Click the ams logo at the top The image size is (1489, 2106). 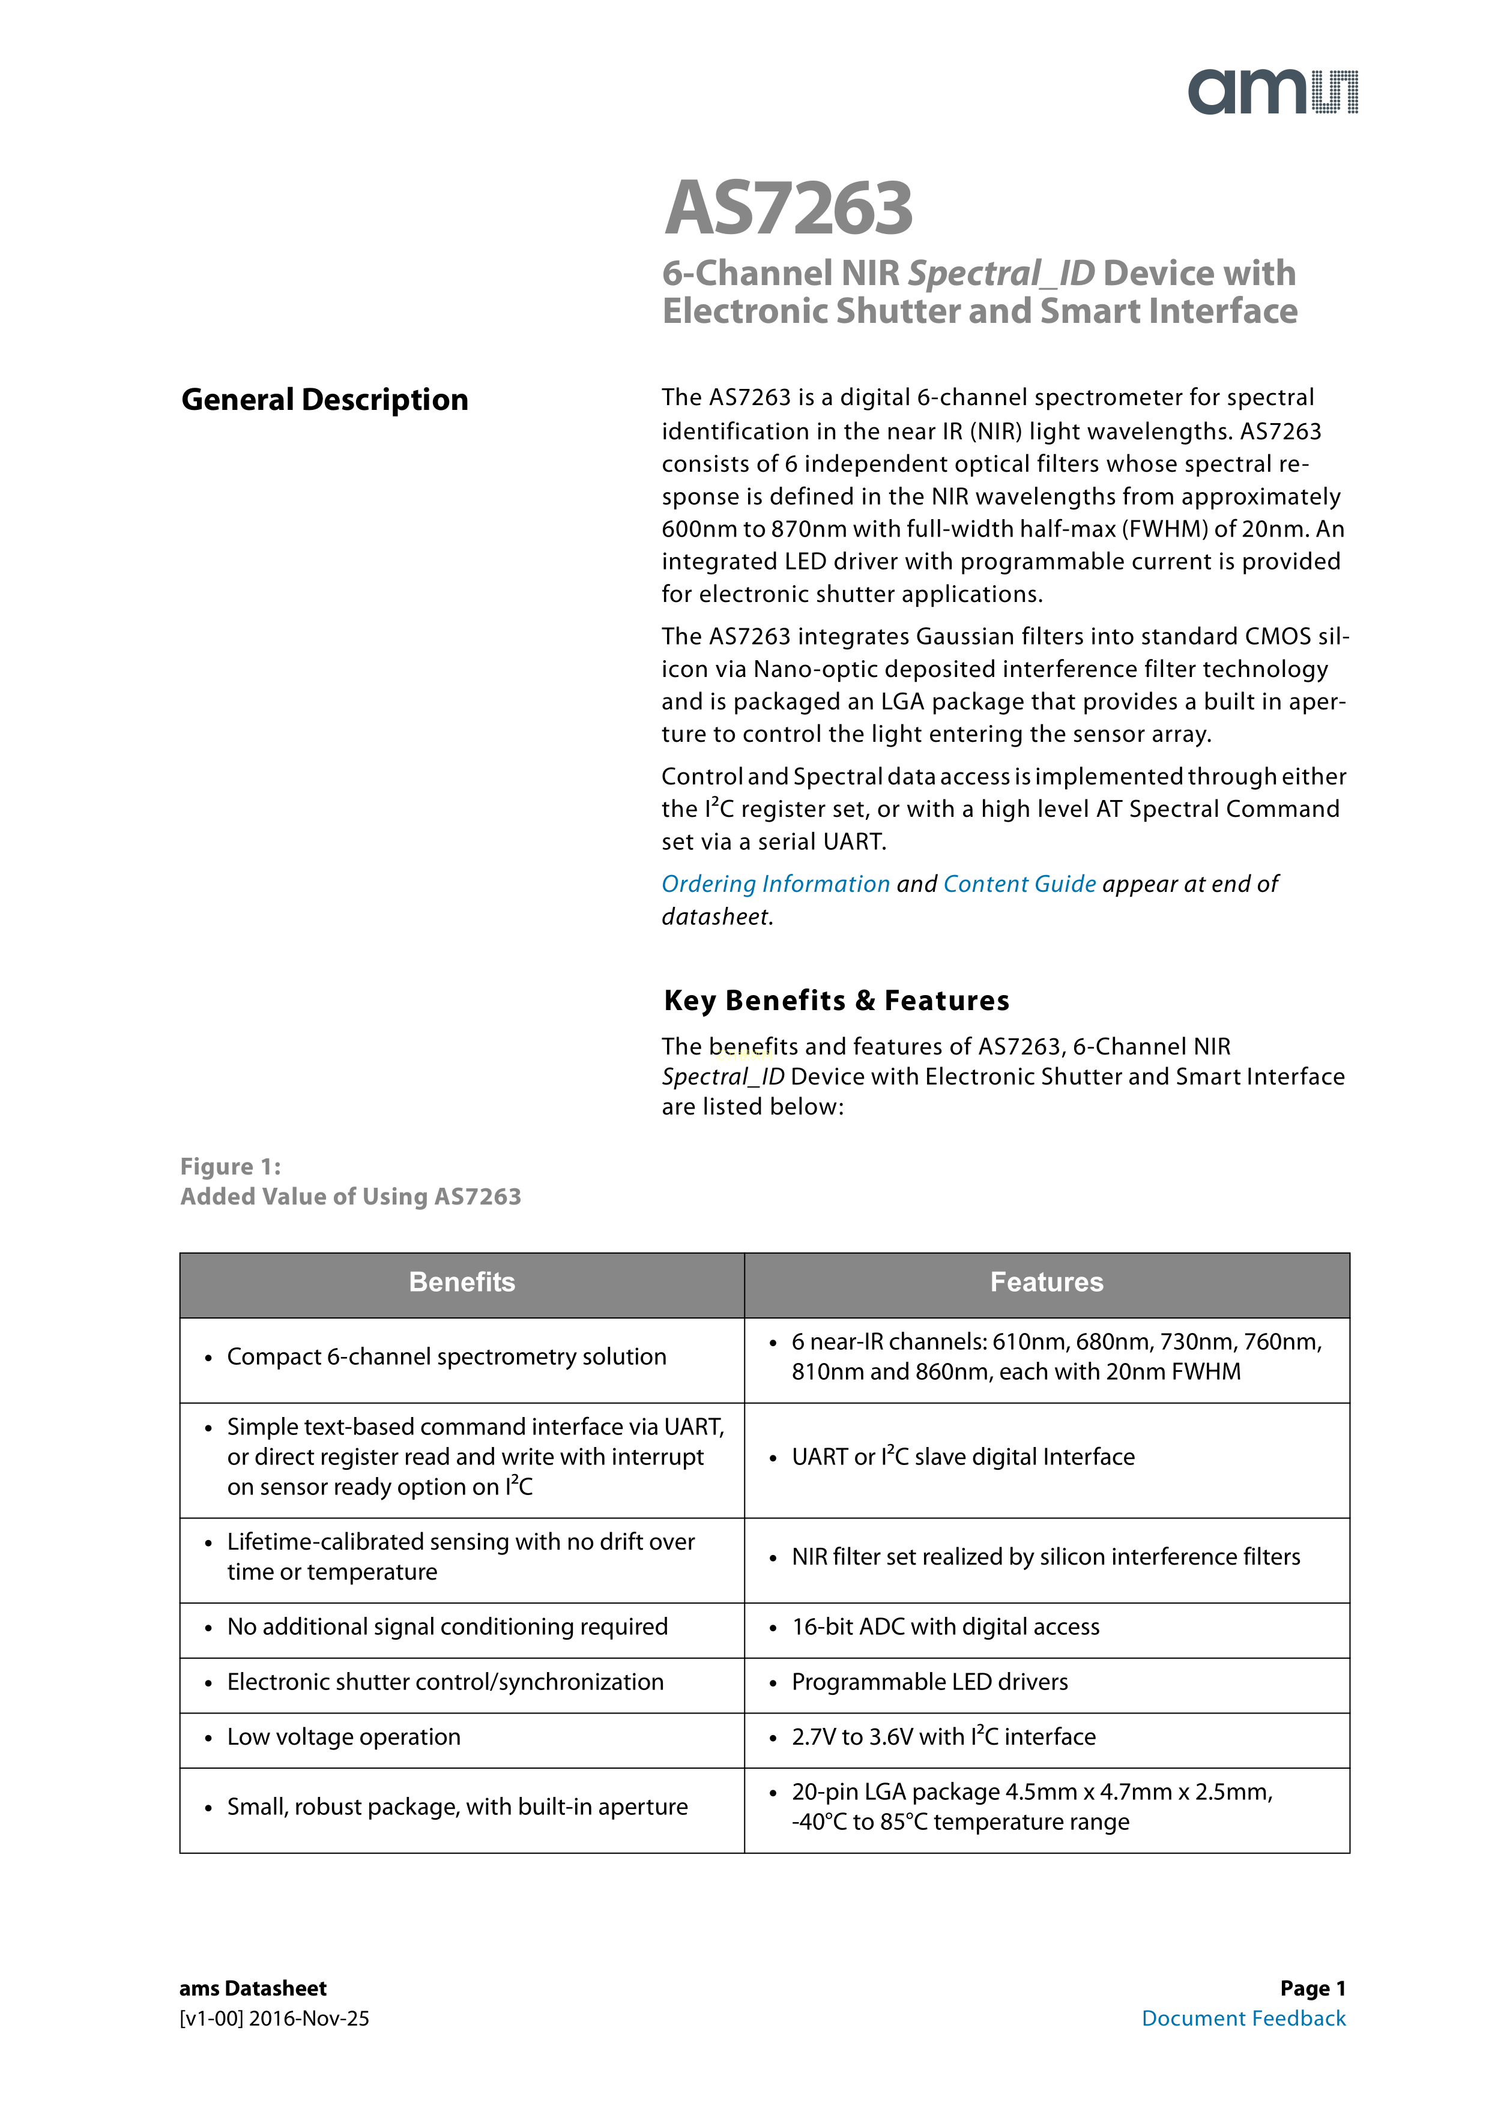(1272, 92)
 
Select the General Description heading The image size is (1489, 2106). (325, 400)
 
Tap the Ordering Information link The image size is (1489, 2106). (775, 883)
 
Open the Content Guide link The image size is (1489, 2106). (1019, 883)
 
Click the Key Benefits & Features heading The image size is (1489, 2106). (836, 1000)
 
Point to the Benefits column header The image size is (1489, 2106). (462, 1283)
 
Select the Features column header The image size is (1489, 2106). (1046, 1283)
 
